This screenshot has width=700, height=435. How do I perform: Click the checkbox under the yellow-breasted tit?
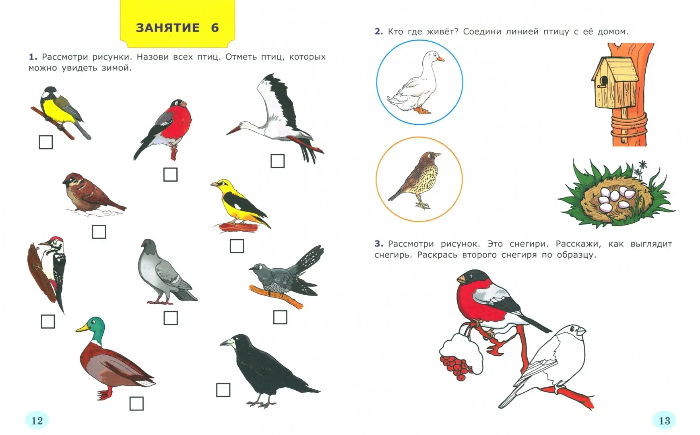[46, 142]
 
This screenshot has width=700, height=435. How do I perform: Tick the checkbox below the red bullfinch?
[170, 174]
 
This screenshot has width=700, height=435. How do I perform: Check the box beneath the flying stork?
[277, 161]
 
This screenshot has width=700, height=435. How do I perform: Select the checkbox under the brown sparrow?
[99, 232]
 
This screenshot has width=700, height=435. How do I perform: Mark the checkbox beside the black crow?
[223, 390]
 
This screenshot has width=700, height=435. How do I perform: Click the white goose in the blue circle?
[417, 83]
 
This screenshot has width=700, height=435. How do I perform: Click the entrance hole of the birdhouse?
[603, 81]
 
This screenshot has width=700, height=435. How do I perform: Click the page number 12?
[37, 421]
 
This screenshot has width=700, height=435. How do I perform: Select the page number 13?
[664, 421]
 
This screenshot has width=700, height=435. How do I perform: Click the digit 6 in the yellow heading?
[215, 28]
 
